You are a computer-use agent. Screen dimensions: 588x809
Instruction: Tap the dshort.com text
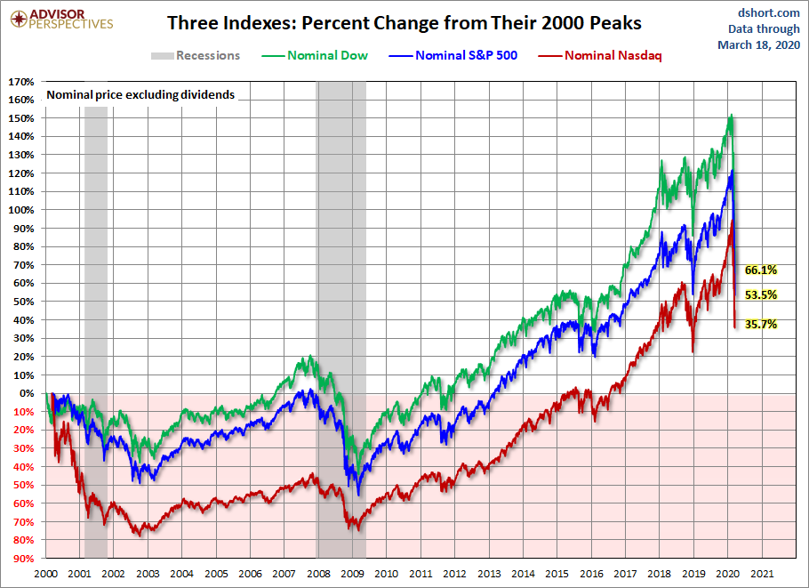pyautogui.click(x=770, y=12)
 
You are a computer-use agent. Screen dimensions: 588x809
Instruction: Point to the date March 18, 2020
pyautogui.click(x=765, y=44)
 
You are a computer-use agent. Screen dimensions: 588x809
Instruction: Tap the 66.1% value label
pyautogui.click(x=761, y=270)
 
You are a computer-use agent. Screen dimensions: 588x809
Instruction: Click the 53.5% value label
pyautogui.click(x=761, y=294)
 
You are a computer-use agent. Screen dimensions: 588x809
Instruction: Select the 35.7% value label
pyautogui.click(x=761, y=325)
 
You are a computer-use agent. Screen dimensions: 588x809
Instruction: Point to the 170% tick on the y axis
pyautogui.click(x=21, y=82)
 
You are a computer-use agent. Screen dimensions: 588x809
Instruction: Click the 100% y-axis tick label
pyautogui.click(x=21, y=210)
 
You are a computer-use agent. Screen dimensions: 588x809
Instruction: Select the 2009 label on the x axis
pyautogui.click(x=352, y=575)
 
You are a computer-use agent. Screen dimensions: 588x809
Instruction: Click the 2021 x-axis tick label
pyautogui.click(x=762, y=575)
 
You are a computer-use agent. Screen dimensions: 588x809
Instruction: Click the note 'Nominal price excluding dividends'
pyautogui.click(x=140, y=94)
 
